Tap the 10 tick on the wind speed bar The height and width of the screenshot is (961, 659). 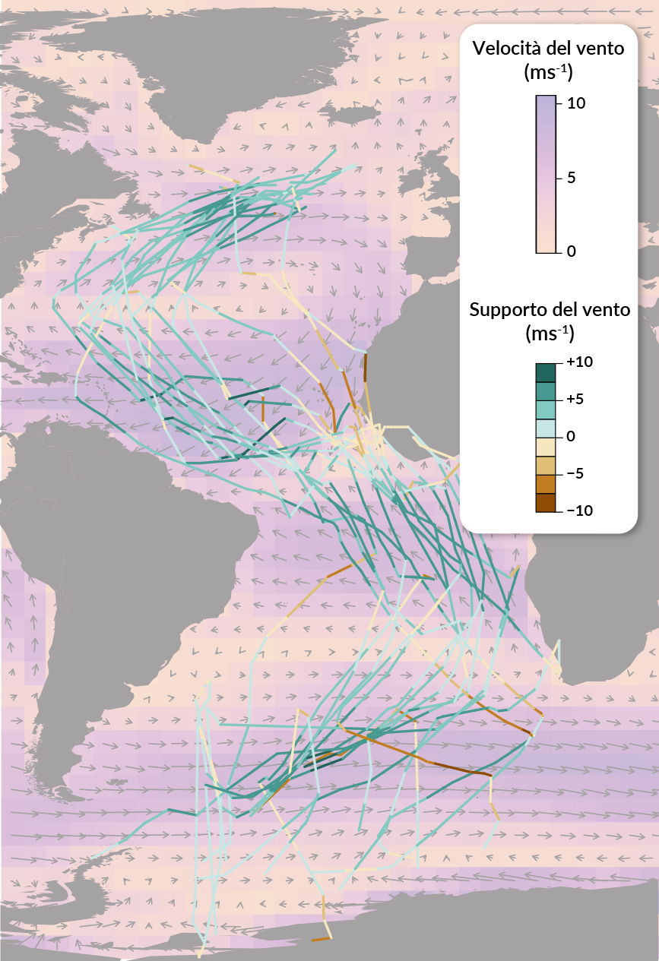(x=575, y=103)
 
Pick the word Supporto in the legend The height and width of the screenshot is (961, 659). (x=503, y=310)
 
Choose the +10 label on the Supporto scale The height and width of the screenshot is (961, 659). (x=579, y=362)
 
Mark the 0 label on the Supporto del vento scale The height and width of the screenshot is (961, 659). (x=572, y=437)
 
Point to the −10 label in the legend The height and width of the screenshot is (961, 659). (x=579, y=511)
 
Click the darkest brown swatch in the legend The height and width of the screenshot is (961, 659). (x=546, y=503)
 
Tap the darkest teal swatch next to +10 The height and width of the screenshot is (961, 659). (x=546, y=372)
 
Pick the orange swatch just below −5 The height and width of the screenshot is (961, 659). (x=546, y=484)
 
